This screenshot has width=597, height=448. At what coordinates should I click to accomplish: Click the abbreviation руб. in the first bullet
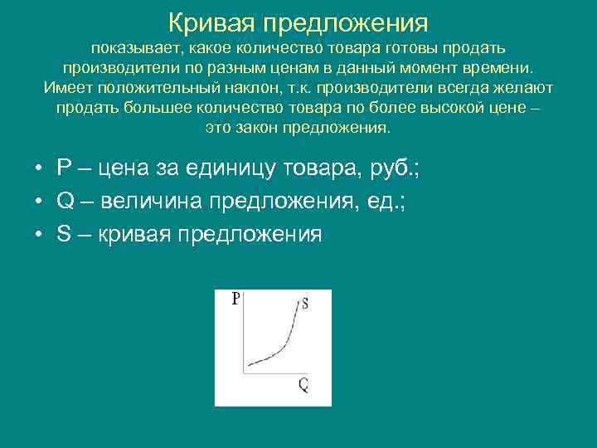[x=396, y=169]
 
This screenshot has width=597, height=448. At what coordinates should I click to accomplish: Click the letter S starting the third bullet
[x=64, y=235]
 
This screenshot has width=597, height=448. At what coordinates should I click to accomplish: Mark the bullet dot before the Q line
[x=38, y=202]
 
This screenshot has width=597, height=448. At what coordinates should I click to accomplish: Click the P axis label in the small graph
[x=236, y=299]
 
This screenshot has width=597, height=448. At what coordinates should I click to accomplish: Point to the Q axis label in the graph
[x=303, y=384]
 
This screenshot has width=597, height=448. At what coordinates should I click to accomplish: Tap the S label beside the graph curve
[x=305, y=304]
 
